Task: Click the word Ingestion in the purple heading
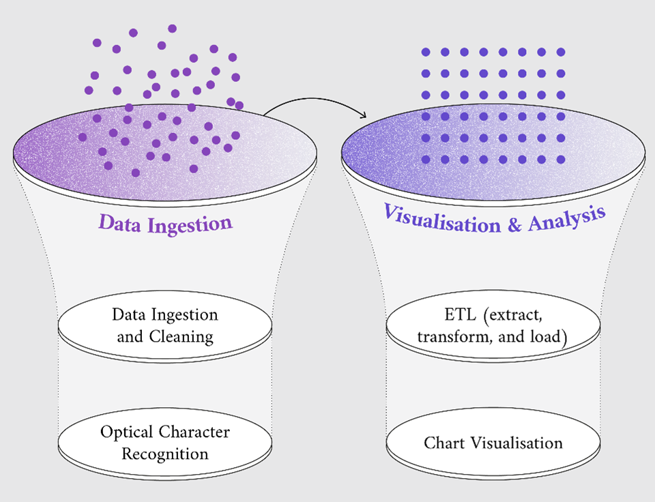pyautogui.click(x=190, y=225)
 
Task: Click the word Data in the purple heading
pyautogui.click(x=120, y=222)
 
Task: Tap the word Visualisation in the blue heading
pyautogui.click(x=441, y=219)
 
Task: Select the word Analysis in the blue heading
pyautogui.click(x=567, y=218)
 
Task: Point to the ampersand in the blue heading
pyautogui.click(x=514, y=224)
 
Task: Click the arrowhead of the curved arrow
pyautogui.click(x=363, y=115)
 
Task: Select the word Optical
pyautogui.click(x=127, y=432)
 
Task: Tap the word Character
pyautogui.click(x=194, y=432)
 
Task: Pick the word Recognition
pyautogui.click(x=165, y=454)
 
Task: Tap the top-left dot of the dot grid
pyautogui.click(x=426, y=53)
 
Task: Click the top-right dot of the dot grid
pyautogui.click(x=561, y=53)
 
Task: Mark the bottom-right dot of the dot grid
pyautogui.click(x=561, y=159)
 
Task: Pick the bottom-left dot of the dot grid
pyautogui.click(x=426, y=159)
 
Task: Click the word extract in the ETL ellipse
pyautogui.click(x=515, y=315)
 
